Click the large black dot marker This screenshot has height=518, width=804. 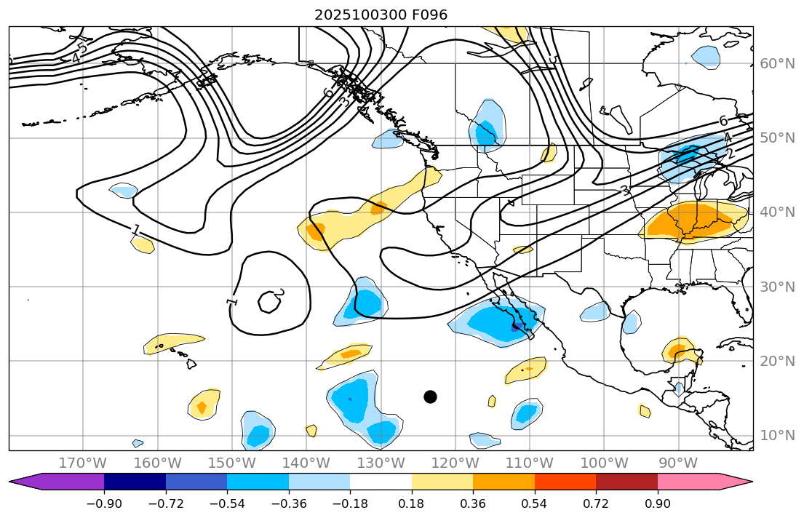[430, 397]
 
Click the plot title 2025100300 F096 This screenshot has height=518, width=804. [381, 15]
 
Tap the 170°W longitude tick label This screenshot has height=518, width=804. [83, 463]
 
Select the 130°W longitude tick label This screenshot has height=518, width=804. [381, 463]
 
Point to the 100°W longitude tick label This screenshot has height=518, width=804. [604, 463]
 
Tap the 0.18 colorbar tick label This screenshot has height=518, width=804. [412, 504]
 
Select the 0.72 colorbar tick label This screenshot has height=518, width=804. [596, 504]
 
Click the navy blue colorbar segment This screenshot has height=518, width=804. [135, 482]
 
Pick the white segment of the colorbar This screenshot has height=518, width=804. [381, 482]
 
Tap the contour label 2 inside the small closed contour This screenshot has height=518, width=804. [279, 293]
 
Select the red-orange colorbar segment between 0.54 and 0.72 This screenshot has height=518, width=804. [565, 482]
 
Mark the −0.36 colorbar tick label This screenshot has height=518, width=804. [289, 504]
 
